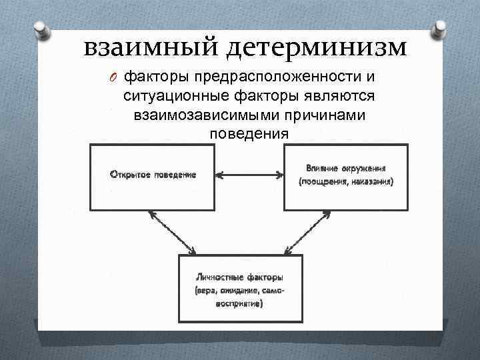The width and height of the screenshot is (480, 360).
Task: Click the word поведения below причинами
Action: click(x=249, y=133)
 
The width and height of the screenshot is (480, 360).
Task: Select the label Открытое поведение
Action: click(x=153, y=175)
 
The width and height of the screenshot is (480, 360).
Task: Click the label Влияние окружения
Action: click(x=346, y=168)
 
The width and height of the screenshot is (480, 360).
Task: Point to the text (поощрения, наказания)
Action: click(x=346, y=181)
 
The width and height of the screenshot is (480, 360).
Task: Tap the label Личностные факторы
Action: click(x=239, y=277)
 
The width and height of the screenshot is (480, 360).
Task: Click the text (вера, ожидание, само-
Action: click(x=239, y=291)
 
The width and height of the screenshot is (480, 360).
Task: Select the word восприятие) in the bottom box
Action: click(x=239, y=304)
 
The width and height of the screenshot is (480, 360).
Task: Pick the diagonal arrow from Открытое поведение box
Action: click(x=172, y=233)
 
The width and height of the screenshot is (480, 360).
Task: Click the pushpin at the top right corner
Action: click(x=441, y=30)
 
